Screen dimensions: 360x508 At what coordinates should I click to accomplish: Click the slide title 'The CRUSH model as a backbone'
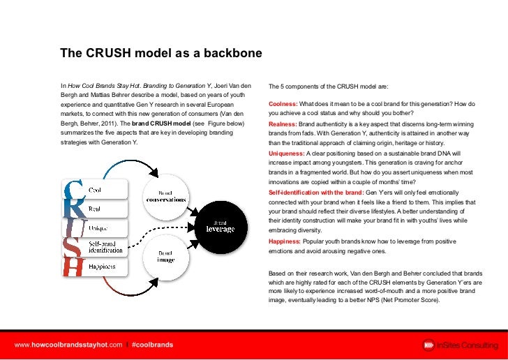160,53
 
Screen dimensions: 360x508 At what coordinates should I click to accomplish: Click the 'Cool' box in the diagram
98,190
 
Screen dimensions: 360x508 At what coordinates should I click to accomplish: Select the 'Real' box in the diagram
98,209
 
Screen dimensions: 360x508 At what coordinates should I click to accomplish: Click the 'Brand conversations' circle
165,196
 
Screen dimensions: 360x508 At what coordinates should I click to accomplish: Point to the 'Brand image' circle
165,256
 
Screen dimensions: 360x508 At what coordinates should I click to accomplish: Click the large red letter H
74,266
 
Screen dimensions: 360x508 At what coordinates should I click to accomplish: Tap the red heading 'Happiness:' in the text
285,241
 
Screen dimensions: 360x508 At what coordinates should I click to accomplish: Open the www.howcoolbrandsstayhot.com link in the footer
68,345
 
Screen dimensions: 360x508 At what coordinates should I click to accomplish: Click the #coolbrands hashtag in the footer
152,345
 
